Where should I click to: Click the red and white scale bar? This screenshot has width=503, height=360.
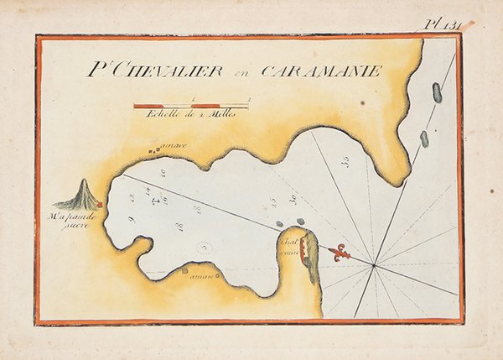[191, 106]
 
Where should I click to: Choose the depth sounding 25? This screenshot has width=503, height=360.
[273, 201]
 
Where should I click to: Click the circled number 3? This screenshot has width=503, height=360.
[205, 248]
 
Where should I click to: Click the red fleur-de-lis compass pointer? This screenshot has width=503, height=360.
[339, 251]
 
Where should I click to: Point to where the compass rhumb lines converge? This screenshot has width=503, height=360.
[374, 267]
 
